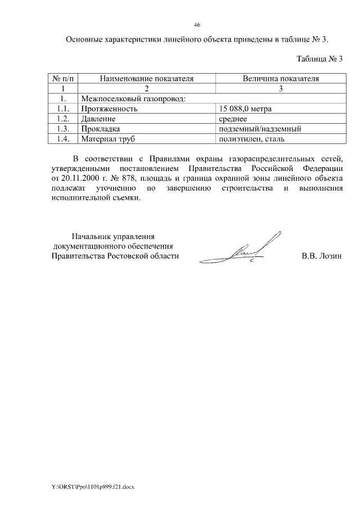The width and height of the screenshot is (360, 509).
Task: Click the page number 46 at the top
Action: (197, 25)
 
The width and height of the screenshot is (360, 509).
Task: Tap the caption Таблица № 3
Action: (319, 58)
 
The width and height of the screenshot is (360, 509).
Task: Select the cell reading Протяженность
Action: (110, 109)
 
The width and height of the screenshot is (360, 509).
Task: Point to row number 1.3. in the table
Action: (64, 129)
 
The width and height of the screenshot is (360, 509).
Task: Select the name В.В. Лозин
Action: (322, 256)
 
